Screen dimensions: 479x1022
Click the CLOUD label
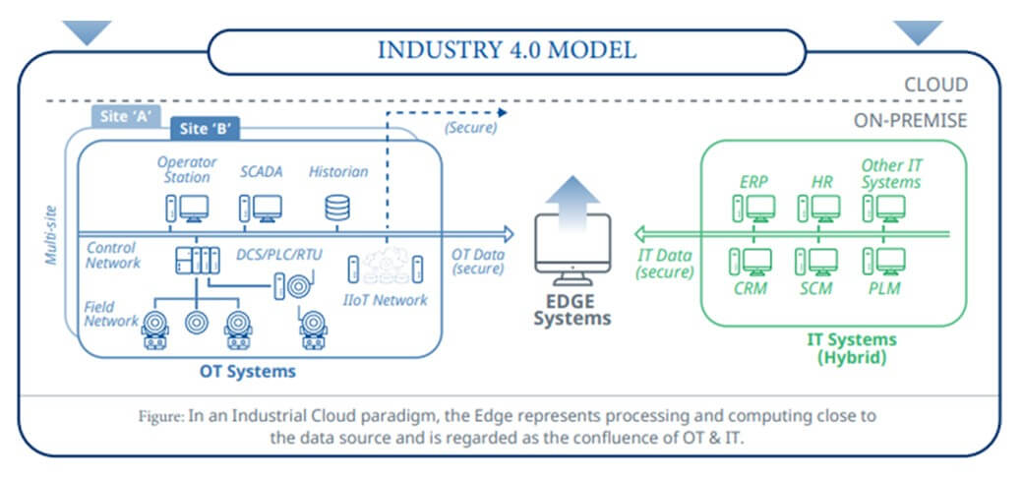click(935, 85)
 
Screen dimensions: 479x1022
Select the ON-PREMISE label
click(910, 121)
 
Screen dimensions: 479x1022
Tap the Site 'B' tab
click(204, 129)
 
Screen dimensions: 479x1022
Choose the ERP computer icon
click(753, 208)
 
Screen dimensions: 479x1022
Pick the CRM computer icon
click(753, 262)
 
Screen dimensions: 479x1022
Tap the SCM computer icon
click(817, 262)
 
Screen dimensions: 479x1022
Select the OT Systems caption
click(249, 372)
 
